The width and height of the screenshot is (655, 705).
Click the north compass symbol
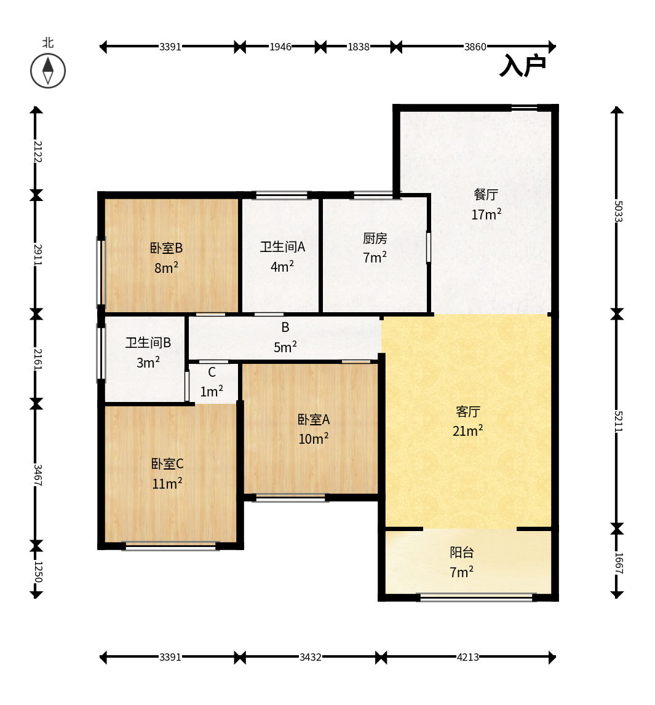point(48,71)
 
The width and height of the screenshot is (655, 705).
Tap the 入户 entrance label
point(523,66)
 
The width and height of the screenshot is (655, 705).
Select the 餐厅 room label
point(486,195)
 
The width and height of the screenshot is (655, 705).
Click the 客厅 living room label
point(468,411)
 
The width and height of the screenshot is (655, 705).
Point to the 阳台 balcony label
point(461,552)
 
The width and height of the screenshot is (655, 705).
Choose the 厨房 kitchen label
point(375,238)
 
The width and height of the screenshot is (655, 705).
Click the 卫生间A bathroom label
point(282,247)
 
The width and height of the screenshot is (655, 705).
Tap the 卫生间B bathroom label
point(148,343)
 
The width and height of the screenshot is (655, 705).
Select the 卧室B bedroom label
point(167,248)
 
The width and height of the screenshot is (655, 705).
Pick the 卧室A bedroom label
point(314,419)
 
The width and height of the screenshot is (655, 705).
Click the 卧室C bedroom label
point(167,464)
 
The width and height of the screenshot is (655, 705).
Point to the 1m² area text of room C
point(212,391)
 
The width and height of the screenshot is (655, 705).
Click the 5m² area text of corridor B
point(285,347)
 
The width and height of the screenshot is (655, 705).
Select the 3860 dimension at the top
point(475,47)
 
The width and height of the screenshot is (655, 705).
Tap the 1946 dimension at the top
point(280,47)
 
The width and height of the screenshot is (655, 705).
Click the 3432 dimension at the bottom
point(311,657)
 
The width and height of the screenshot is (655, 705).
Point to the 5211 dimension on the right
point(618,421)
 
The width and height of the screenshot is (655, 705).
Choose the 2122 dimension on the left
point(38,152)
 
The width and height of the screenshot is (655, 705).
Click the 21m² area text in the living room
point(468,431)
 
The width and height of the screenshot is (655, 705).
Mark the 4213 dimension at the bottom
point(468,657)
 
